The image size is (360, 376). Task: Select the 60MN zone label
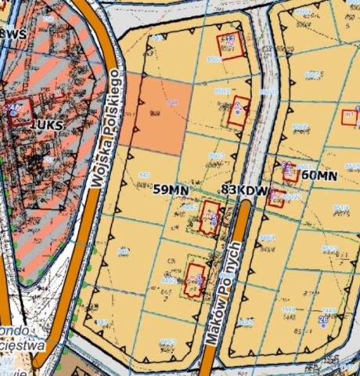(x=319, y=176)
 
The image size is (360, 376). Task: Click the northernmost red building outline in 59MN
(x=230, y=45)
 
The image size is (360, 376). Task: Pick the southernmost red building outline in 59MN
(x=194, y=280)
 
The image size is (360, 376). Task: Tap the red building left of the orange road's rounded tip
(x=210, y=218)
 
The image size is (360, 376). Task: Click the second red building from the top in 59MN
(x=239, y=112)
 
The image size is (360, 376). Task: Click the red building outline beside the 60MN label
(x=290, y=172)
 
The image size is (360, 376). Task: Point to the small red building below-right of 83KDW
(x=275, y=197)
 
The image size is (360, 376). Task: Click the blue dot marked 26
(x=323, y=320)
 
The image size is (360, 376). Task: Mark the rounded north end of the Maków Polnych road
(x=244, y=206)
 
